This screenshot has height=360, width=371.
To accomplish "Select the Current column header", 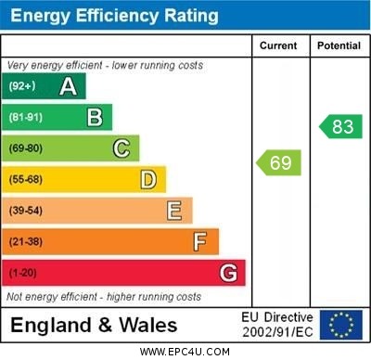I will point(278,45).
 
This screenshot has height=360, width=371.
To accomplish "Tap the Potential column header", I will point(339,45).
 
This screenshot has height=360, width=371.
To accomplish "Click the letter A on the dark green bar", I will point(68,86).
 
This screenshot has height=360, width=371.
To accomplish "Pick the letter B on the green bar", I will point(95,117).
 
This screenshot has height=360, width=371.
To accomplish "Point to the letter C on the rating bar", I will point(122,148).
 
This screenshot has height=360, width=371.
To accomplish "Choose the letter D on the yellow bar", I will point(148,179).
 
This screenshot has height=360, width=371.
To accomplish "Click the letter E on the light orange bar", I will point(174,211).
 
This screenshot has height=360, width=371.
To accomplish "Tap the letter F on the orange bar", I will point(200,242).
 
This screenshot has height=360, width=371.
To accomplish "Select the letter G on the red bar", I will point(228,273).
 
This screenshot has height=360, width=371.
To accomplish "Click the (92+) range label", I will point(23,86).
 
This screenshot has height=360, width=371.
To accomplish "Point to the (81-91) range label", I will point(26,118).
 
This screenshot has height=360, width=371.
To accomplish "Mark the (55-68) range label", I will point(26,180).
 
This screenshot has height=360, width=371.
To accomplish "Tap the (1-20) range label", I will point(23,274).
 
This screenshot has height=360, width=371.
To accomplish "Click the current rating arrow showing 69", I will point(279,163).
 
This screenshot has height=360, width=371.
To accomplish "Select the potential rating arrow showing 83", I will point(340,127).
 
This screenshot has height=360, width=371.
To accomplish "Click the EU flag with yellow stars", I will point(341,325).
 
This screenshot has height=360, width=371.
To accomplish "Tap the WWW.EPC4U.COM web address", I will point(185,352).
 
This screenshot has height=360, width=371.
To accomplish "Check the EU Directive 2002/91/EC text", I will point(277,325).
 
